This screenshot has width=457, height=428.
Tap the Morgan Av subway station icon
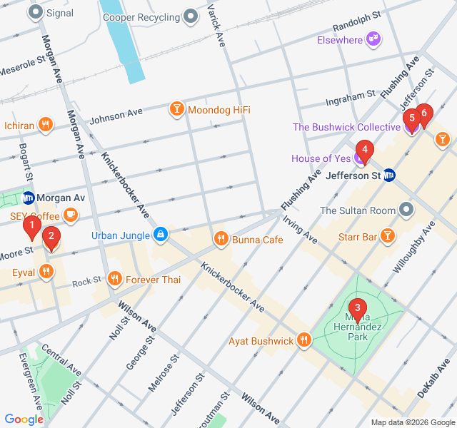[29, 198]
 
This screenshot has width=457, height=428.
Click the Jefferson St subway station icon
[389, 175]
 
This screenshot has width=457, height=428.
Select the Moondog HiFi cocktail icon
[176, 109]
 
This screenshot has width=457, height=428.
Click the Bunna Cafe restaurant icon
[221, 239]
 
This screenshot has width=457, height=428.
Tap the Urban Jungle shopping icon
[161, 234]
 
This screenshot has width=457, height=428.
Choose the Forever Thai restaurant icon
[114, 279]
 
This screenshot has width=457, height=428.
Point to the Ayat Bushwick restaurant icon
[305, 340]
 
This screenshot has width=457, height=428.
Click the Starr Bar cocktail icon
[387, 235]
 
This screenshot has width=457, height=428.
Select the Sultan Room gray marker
[406, 210]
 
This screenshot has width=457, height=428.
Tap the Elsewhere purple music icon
[373, 39]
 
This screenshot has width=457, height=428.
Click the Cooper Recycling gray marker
[191, 16]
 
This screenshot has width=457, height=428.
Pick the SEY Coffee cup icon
[70, 214]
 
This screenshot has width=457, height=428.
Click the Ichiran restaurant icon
[46, 125]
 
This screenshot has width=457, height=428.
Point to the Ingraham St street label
[350, 94]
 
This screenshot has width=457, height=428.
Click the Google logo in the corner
[24, 419]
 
